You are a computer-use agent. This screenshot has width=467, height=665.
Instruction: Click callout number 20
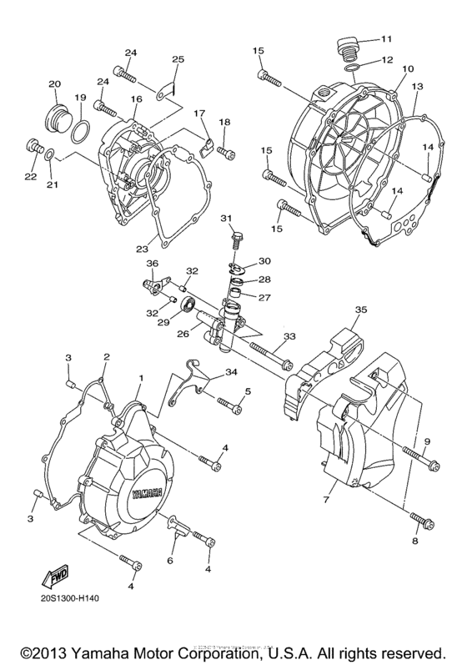[55, 84]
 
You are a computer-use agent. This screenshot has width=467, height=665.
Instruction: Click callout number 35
[360, 310]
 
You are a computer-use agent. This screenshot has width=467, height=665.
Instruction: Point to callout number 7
[327, 498]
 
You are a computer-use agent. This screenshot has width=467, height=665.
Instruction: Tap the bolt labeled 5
[231, 406]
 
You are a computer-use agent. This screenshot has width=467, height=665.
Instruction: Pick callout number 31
[226, 219]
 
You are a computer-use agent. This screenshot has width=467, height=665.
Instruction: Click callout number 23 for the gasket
[143, 247]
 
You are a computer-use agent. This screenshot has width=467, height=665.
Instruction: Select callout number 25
[177, 59]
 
